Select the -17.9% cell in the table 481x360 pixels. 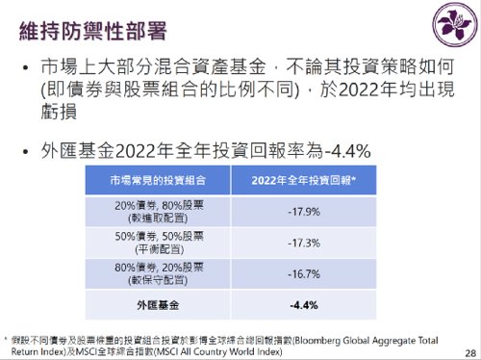tap(304, 210)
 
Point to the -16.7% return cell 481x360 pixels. tap(304, 272)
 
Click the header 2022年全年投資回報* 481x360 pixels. tap(304, 180)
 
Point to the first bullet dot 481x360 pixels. tap(25, 69)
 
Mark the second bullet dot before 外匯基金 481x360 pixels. tap(25, 151)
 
